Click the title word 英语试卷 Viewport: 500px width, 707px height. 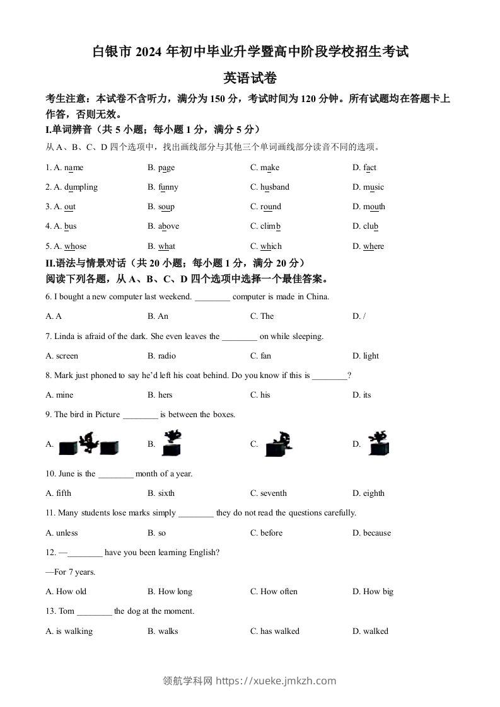point(250,78)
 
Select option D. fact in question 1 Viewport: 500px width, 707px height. point(364,168)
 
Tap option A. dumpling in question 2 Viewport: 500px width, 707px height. point(72,187)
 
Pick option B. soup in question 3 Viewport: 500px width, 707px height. point(161,207)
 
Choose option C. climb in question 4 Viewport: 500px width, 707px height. point(265,226)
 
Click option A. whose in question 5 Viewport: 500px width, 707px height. point(66,246)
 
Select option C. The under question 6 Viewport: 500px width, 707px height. point(262,316)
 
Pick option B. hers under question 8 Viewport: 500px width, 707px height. point(160,395)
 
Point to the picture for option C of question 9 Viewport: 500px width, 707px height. point(277,444)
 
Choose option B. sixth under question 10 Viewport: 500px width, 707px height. point(161,493)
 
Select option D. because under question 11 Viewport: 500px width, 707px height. point(371,533)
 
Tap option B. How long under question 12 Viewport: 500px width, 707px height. point(170,592)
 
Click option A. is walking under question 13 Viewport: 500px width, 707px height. point(69,631)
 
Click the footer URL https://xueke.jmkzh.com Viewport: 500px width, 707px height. point(276,681)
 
